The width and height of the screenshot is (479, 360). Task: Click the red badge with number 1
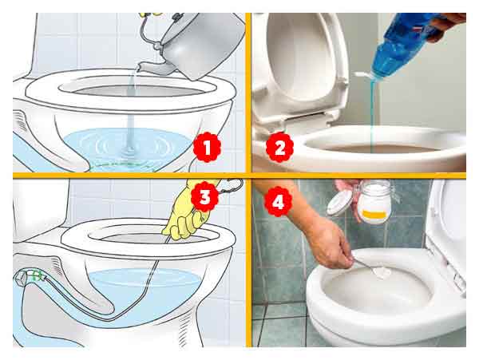207,147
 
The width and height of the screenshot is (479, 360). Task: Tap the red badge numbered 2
279,147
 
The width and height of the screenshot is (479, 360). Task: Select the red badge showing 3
204,196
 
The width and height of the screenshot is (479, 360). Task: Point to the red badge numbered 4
278,201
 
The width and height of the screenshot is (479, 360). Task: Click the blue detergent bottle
406,44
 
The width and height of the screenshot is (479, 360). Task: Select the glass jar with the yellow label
374,201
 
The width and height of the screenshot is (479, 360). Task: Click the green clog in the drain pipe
37,275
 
